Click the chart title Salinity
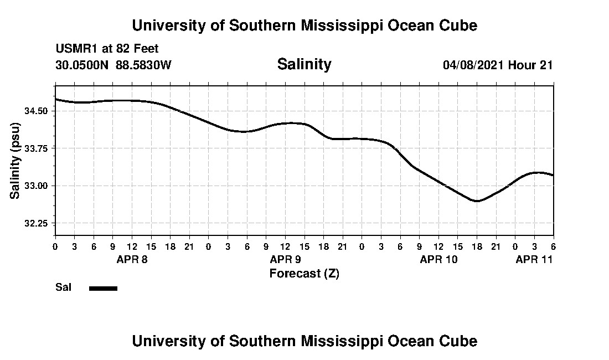click(x=304, y=64)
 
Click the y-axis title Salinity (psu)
click(x=16, y=161)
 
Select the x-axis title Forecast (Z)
click(x=304, y=274)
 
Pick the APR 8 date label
click(x=132, y=259)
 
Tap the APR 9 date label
click(x=285, y=259)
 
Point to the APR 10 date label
click(x=438, y=259)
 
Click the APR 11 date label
click(x=534, y=259)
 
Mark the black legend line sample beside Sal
click(x=103, y=288)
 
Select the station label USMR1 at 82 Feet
click(x=107, y=49)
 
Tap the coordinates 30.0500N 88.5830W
click(x=113, y=65)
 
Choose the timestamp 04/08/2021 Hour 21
click(x=498, y=65)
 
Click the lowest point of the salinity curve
click(x=476, y=201)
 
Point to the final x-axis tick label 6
click(x=553, y=246)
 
